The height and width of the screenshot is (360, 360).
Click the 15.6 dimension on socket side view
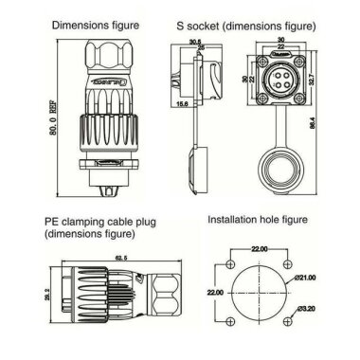(207, 115)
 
